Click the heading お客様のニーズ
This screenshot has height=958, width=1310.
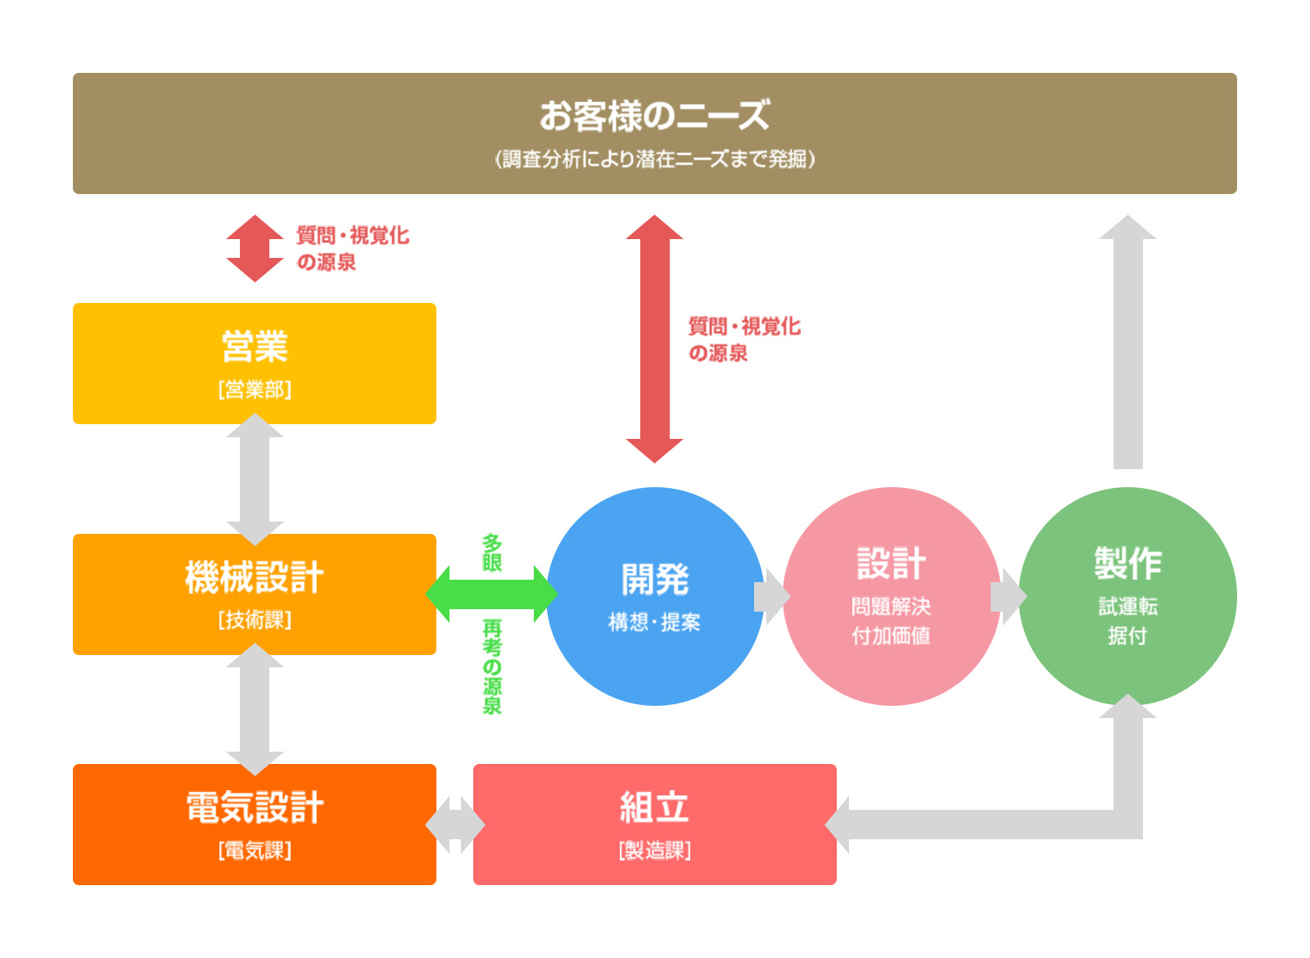[654, 115]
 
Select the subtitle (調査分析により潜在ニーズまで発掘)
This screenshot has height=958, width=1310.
[654, 159]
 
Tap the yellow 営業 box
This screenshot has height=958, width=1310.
[255, 363]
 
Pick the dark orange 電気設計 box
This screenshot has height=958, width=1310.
[255, 824]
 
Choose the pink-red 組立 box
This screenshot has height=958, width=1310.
[654, 824]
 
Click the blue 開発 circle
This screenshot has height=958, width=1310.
[654, 596]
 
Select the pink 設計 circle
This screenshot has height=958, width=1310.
[891, 596]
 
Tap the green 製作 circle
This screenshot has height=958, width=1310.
[1127, 596]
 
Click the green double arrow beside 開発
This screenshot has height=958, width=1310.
[491, 594]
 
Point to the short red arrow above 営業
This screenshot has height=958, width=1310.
[255, 248]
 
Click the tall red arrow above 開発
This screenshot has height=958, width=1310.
[654, 339]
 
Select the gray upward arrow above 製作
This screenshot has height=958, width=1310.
[1127, 344]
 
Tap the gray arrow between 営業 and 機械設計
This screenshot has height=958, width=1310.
[255, 479]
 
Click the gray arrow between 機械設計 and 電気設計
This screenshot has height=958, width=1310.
[255, 709]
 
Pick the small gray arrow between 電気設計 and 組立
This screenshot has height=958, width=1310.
[455, 825]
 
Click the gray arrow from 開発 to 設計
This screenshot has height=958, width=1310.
[770, 597]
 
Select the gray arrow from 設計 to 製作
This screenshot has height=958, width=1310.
[1007, 597]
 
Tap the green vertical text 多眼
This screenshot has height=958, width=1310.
[491, 553]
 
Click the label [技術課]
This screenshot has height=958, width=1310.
[255, 620]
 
